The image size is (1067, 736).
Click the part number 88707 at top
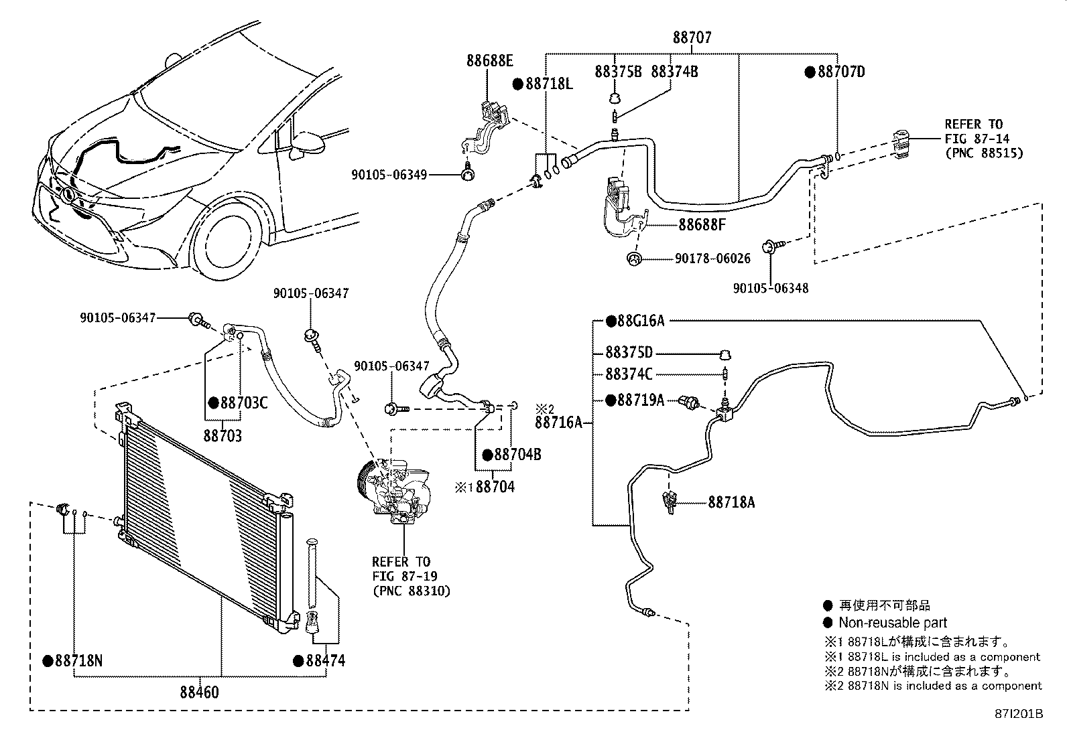(x=692, y=38)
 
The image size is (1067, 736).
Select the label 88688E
(x=490, y=61)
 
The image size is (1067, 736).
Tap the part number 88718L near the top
(x=548, y=84)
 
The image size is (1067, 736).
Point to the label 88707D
(x=840, y=72)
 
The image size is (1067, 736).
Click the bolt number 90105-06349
(x=388, y=175)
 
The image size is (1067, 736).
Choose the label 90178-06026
(x=712, y=259)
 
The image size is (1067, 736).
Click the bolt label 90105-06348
(x=770, y=289)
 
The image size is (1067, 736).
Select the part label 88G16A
(x=640, y=321)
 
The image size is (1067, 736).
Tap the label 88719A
(x=640, y=400)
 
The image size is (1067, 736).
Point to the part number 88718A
(x=731, y=502)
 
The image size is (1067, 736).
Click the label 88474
(x=325, y=661)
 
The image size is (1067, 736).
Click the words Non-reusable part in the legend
(x=893, y=623)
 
